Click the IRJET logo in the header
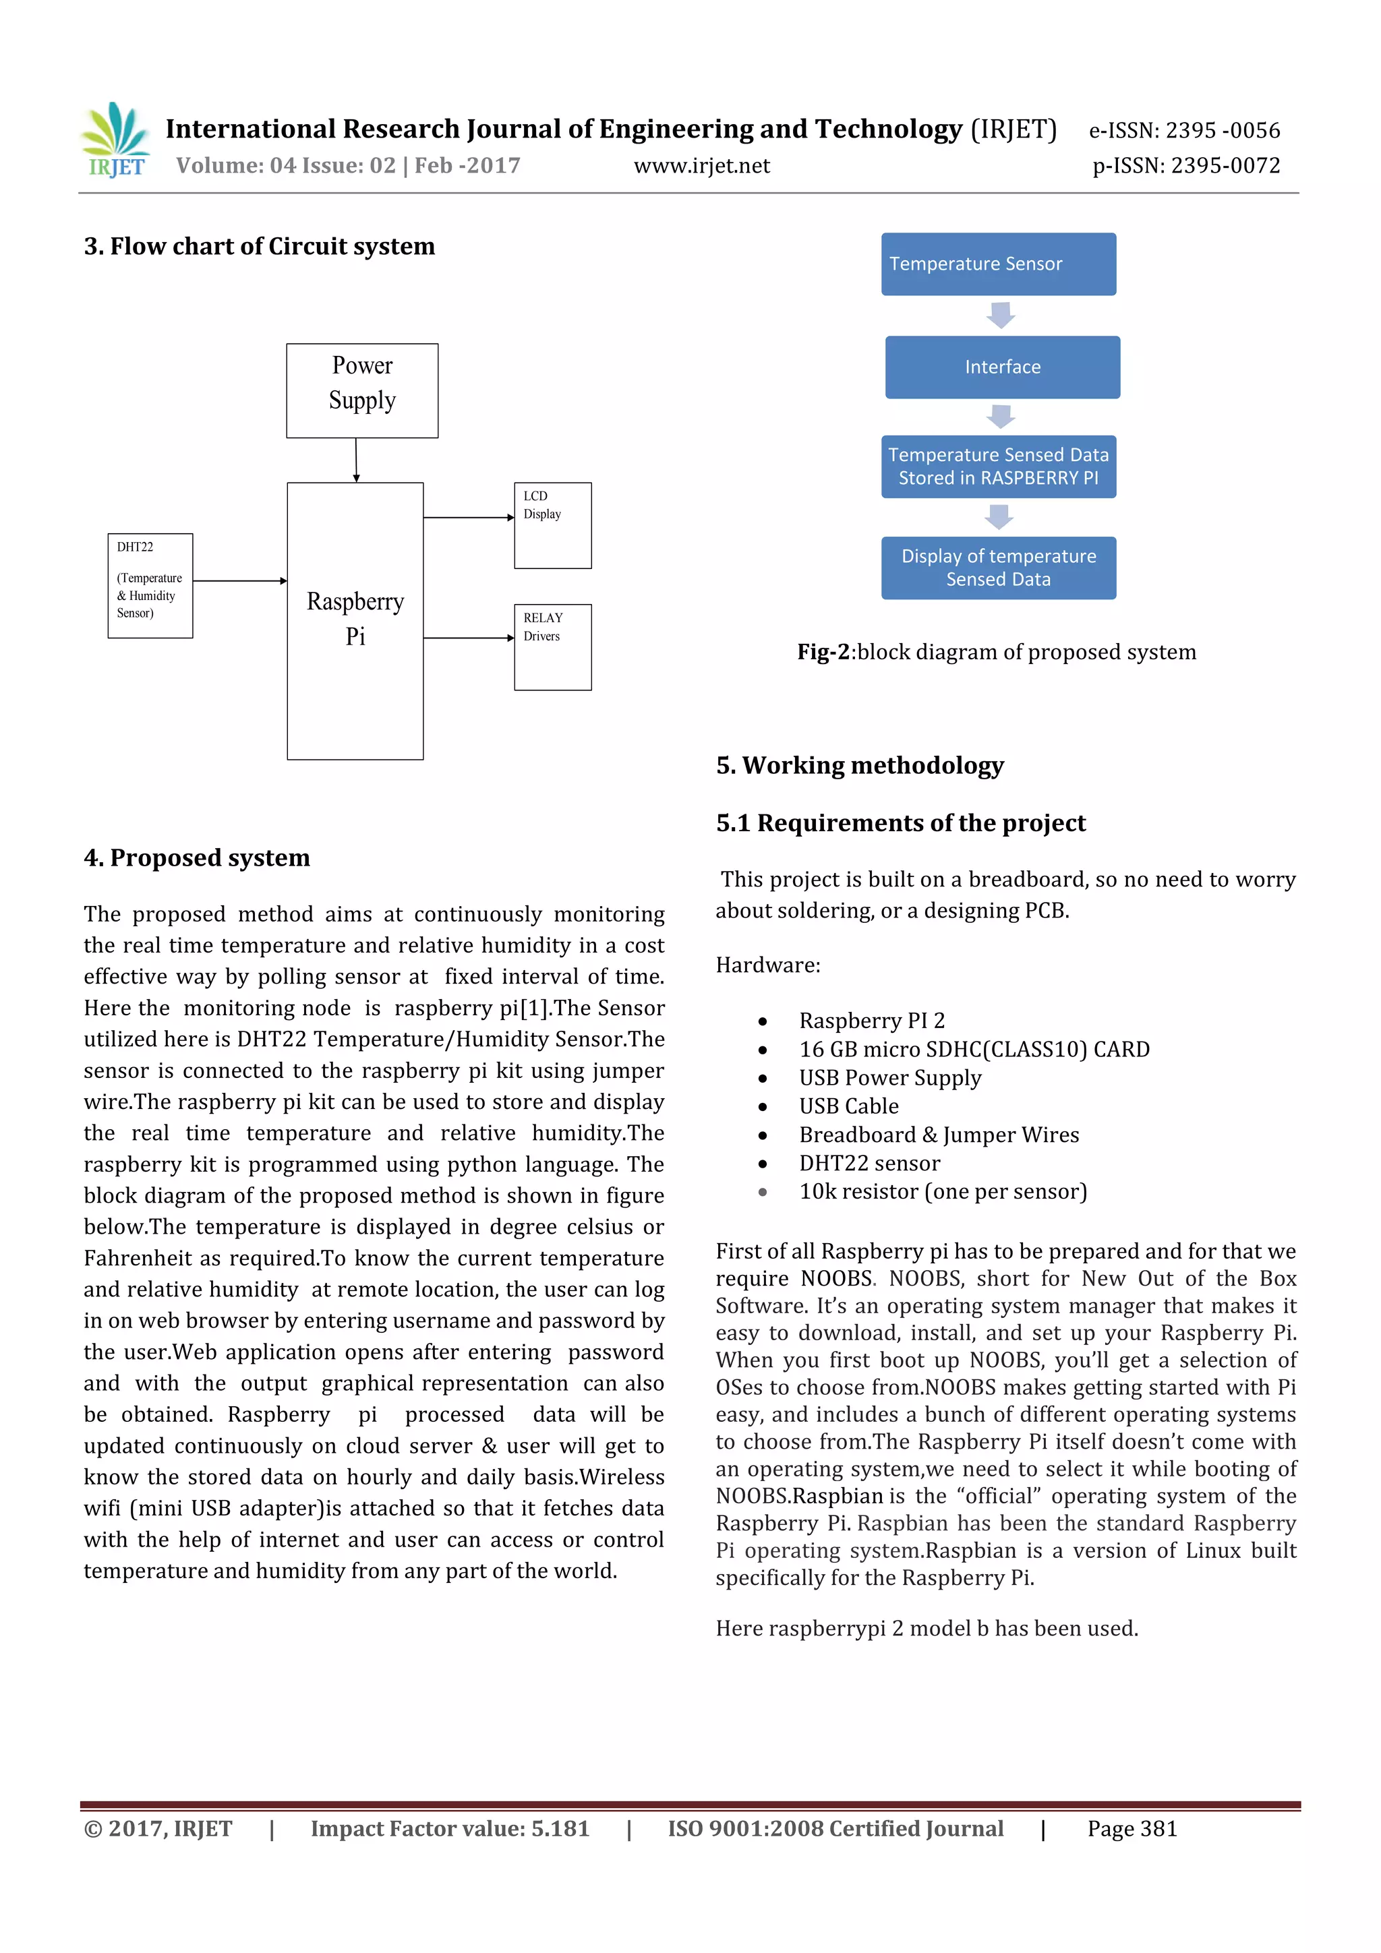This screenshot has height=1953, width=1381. (x=116, y=140)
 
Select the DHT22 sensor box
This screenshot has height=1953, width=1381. (x=150, y=585)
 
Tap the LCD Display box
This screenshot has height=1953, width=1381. (x=552, y=525)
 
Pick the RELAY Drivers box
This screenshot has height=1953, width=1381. (x=552, y=647)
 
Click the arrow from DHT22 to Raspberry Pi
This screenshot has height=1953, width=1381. (x=239, y=581)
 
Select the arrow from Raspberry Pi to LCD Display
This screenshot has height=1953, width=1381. (x=468, y=517)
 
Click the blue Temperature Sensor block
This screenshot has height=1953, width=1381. (x=998, y=264)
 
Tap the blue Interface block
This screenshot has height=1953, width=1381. (x=1001, y=367)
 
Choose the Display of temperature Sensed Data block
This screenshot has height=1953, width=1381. (x=998, y=568)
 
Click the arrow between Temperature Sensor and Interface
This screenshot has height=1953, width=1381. (x=1001, y=316)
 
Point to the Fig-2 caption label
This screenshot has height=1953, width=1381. (x=823, y=653)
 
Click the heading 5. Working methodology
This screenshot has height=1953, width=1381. (x=859, y=766)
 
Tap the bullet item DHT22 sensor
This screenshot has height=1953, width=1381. (x=869, y=1163)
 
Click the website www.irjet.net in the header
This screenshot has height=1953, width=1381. (x=701, y=166)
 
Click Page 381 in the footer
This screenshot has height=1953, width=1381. (x=1132, y=1828)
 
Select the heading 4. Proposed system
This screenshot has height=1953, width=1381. (x=196, y=858)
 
